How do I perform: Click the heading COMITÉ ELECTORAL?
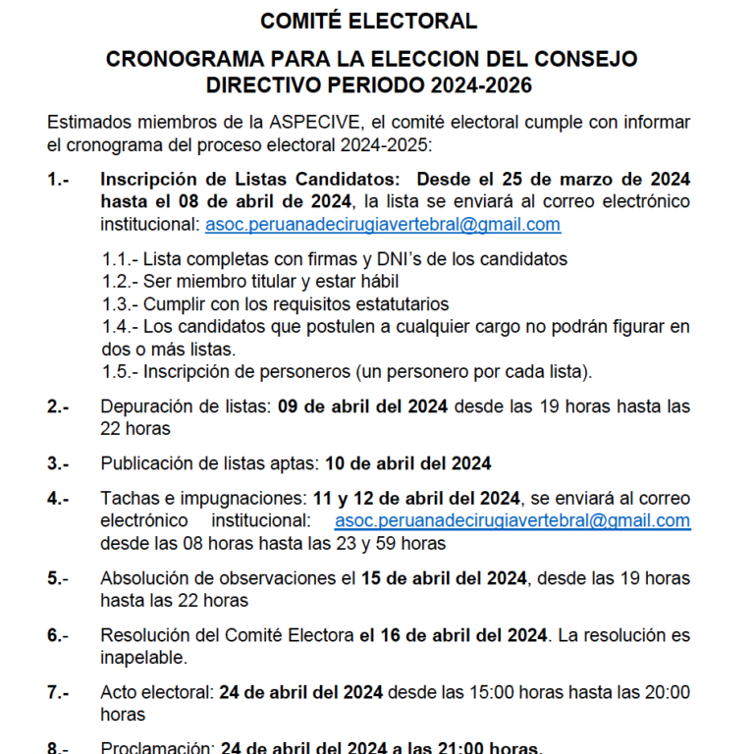point(369,21)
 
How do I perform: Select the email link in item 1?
point(383,224)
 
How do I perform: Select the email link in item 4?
point(512,520)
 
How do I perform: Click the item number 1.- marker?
point(58,179)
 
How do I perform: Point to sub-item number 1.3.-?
point(121,303)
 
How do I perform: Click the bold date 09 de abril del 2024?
point(363,405)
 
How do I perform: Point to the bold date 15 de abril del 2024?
point(445,577)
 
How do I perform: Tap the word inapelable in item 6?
point(143,657)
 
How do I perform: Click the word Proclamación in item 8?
point(155,747)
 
